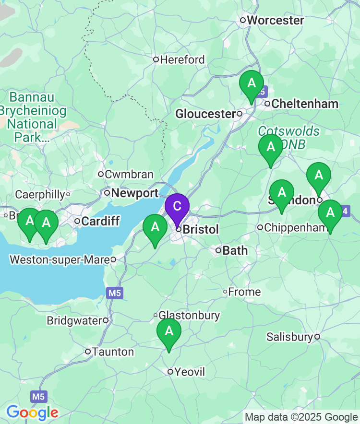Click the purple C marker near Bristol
tap(177, 207)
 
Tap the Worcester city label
tap(275, 20)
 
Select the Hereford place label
tap(182, 60)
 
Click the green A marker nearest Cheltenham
tap(252, 84)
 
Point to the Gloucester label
tap(205, 114)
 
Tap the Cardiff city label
tap(96, 221)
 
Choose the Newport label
tap(134, 193)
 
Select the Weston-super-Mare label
tap(60, 259)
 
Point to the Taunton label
tap(113, 352)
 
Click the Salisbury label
tap(289, 337)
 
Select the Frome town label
tap(244, 292)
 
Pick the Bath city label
tap(235, 250)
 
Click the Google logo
tap(32, 412)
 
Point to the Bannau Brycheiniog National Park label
tap(33, 118)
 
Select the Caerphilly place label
tap(40, 194)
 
